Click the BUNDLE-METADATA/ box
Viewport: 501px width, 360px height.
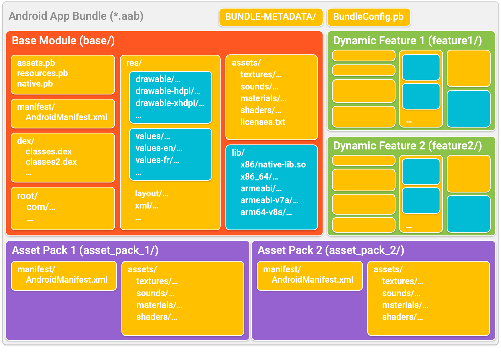[270, 17]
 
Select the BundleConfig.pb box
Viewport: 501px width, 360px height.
[368, 17]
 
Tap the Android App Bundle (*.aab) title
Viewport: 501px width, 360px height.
[76, 16]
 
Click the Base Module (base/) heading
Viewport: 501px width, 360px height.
[63, 40]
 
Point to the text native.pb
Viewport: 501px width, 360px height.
[35, 84]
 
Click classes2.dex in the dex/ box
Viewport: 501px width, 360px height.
[51, 162]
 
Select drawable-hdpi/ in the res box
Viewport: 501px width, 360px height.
[167, 91]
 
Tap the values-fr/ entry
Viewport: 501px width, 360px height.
[157, 160]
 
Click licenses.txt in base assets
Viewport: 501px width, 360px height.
[263, 122]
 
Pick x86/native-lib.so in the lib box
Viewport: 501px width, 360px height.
[273, 164]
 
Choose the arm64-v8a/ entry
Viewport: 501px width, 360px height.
[266, 212]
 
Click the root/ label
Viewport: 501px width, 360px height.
[27, 196]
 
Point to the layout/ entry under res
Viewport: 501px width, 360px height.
[151, 193]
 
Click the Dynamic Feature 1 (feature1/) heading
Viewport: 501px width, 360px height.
[407, 40]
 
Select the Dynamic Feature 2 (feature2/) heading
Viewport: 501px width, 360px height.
[407, 146]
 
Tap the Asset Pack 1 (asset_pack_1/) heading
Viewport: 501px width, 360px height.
[85, 250]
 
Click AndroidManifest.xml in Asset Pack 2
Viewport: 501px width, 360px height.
[312, 280]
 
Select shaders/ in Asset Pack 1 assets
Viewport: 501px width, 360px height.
[157, 317]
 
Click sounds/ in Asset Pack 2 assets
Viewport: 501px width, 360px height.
[401, 293]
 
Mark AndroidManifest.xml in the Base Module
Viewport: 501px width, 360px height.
[66, 117]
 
